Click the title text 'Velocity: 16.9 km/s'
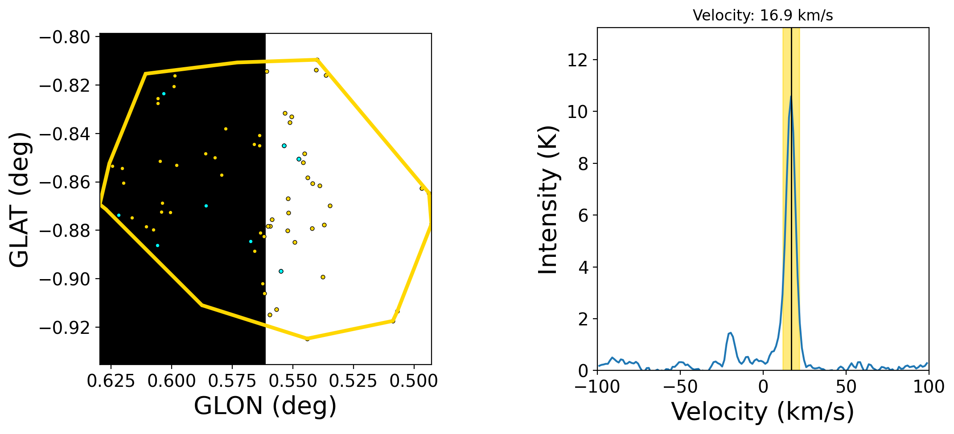[763, 16]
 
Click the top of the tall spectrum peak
[791, 96]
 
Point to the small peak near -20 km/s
[730, 333]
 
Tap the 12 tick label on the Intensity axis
[577, 60]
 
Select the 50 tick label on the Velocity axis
[846, 387]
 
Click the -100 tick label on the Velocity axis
[597, 387]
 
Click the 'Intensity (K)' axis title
[548, 200]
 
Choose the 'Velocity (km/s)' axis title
[763, 411]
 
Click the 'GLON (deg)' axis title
[265, 406]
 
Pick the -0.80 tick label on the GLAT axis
[65, 37]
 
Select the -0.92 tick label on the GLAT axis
[65, 328]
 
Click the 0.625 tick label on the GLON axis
[111, 381]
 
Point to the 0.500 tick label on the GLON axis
[415, 381]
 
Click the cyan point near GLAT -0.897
[281, 271]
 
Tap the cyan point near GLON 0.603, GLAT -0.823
[164, 93]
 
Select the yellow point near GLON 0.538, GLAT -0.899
[323, 277]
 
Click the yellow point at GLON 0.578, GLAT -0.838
[226, 129]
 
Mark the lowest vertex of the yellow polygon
[307, 339]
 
